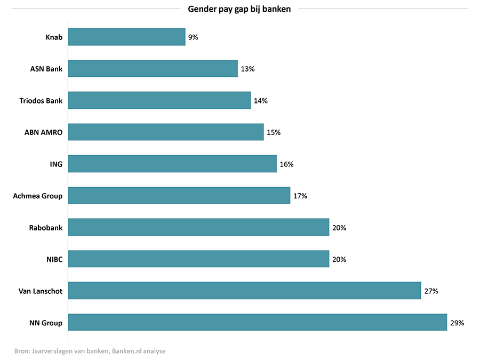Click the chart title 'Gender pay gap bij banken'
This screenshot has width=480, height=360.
239,9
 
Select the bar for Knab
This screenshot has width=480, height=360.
126,37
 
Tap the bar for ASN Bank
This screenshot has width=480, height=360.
153,68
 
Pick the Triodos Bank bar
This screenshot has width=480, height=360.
159,100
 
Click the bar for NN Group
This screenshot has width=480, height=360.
257,322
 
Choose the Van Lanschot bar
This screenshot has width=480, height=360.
244,291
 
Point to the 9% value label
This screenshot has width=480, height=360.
193,37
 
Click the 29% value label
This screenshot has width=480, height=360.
457,323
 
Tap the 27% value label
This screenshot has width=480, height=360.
431,291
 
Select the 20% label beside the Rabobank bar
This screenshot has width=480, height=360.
339,228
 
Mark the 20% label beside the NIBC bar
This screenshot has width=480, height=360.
339,259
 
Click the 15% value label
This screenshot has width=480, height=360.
274,132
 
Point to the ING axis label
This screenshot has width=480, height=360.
56,164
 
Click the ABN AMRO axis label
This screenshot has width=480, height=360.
43,132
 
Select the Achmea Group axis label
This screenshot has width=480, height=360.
37,196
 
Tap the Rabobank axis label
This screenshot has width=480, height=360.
46,228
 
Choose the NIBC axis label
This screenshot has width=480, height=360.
54,259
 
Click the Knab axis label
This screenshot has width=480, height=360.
54,37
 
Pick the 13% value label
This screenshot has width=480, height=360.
247,69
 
